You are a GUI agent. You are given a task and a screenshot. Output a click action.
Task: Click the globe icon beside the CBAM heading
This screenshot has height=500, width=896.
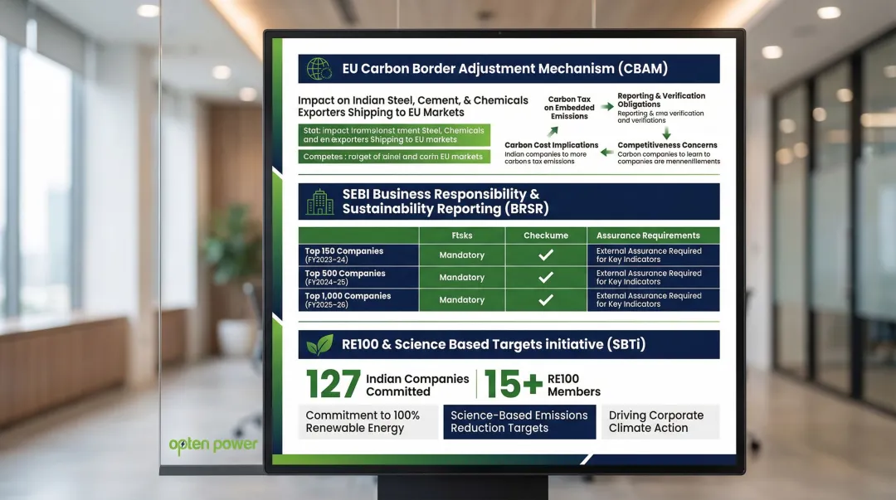[319, 69]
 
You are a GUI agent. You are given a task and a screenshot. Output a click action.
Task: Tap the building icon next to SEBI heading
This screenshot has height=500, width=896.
[319, 201]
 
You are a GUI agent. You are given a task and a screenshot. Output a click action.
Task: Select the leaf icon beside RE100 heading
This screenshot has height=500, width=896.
[319, 345]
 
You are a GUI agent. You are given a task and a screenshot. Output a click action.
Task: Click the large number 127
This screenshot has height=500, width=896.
[334, 385]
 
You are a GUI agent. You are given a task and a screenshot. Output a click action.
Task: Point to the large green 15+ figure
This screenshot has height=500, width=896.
[513, 385]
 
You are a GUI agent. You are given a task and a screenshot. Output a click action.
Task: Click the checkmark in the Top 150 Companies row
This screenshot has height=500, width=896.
[545, 255]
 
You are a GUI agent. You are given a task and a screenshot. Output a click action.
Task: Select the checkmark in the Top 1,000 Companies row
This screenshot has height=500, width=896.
[545, 300]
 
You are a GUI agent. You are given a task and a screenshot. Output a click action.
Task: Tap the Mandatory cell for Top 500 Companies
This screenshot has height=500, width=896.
[461, 278]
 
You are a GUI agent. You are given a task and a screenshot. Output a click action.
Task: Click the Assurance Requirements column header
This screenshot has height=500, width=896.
[648, 235]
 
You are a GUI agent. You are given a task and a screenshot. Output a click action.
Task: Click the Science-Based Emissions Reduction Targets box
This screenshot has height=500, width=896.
[519, 422]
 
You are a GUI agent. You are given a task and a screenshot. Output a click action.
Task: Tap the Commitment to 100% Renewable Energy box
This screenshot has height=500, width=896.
[368, 422]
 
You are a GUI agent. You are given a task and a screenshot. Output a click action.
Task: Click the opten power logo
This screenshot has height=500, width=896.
[213, 444]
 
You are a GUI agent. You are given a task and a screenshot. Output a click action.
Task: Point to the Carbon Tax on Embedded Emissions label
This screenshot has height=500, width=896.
[569, 108]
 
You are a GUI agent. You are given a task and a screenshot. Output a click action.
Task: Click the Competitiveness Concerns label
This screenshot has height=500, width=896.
[667, 145]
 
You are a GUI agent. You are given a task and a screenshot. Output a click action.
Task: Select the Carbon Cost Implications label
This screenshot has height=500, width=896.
[551, 145]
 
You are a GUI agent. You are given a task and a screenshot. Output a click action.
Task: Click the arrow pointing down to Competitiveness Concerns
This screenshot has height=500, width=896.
[666, 133]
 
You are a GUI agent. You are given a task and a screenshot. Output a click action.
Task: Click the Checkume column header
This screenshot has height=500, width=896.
[545, 235]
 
